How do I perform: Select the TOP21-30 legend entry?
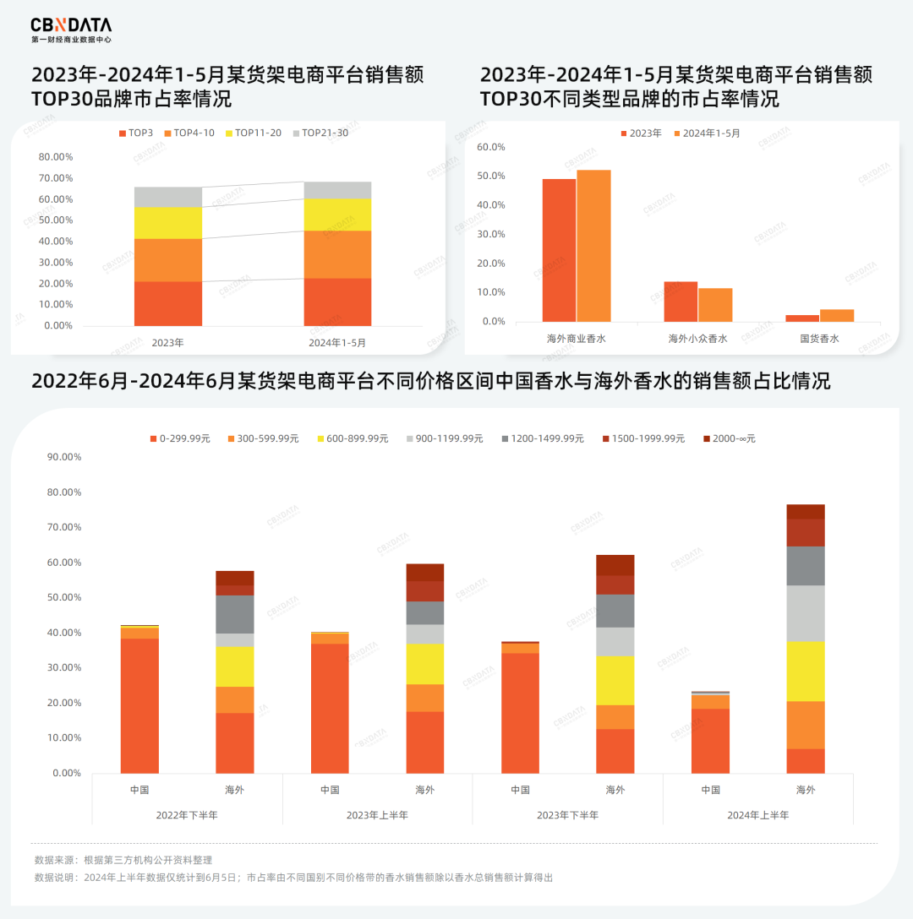pyautogui.click(x=320, y=133)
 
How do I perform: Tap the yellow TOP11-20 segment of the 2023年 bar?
pyautogui.click(x=167, y=223)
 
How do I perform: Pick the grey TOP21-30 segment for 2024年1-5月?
pyautogui.click(x=337, y=190)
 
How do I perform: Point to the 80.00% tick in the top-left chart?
pyautogui.click(x=56, y=157)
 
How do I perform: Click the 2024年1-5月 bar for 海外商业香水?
pyautogui.click(x=593, y=245)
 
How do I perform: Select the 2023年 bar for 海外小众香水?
pyautogui.click(x=681, y=302)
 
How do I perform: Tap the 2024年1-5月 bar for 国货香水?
pyautogui.click(x=836, y=315)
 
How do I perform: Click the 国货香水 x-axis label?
pyautogui.click(x=819, y=339)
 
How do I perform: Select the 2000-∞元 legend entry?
pyautogui.click(x=729, y=439)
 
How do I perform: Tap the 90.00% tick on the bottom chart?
pyautogui.click(x=64, y=457)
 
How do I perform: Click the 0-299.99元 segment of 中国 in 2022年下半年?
pyautogui.click(x=139, y=705)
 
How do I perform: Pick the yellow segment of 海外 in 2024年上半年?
pyautogui.click(x=806, y=671)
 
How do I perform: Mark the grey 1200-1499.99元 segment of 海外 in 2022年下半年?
pyautogui.click(x=234, y=614)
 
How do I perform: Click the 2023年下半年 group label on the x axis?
pyautogui.click(x=567, y=815)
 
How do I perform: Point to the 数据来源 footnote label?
pyautogui.click(x=55, y=860)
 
